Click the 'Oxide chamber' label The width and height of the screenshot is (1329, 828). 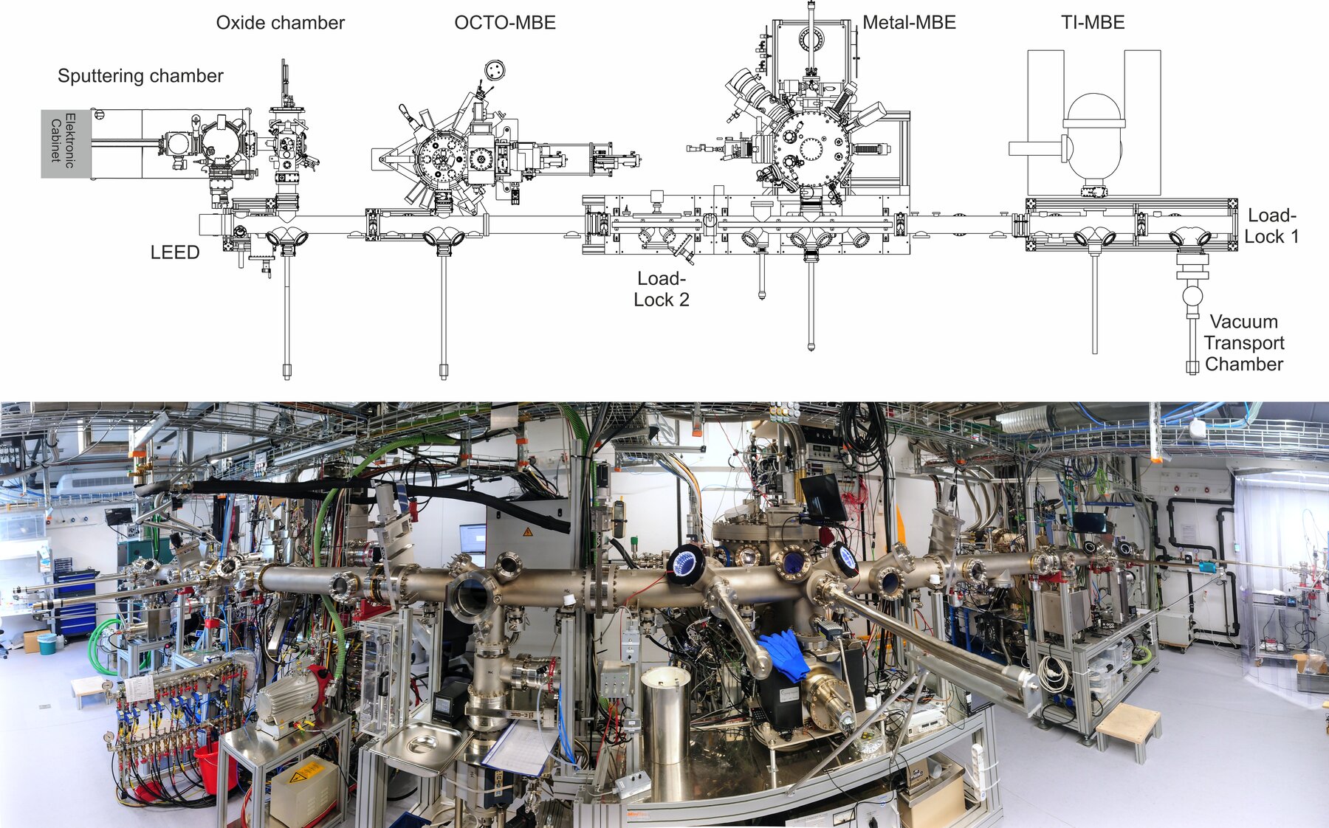pyautogui.click(x=280, y=23)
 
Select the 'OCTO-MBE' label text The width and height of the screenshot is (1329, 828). pyautogui.click(x=505, y=23)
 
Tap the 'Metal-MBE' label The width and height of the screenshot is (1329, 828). pyautogui.click(x=909, y=23)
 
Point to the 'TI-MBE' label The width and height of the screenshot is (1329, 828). pyautogui.click(x=1093, y=23)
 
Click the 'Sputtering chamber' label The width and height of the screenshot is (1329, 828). pyautogui.click(x=140, y=76)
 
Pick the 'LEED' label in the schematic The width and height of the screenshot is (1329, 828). pyautogui.click(x=175, y=252)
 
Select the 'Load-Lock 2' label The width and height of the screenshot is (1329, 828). pyautogui.click(x=662, y=289)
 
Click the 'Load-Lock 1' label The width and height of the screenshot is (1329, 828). pyautogui.click(x=1271, y=226)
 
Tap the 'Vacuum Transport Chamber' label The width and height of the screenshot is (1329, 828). pyautogui.click(x=1244, y=343)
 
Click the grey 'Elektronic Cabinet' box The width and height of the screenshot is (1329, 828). pyautogui.click(x=66, y=144)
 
